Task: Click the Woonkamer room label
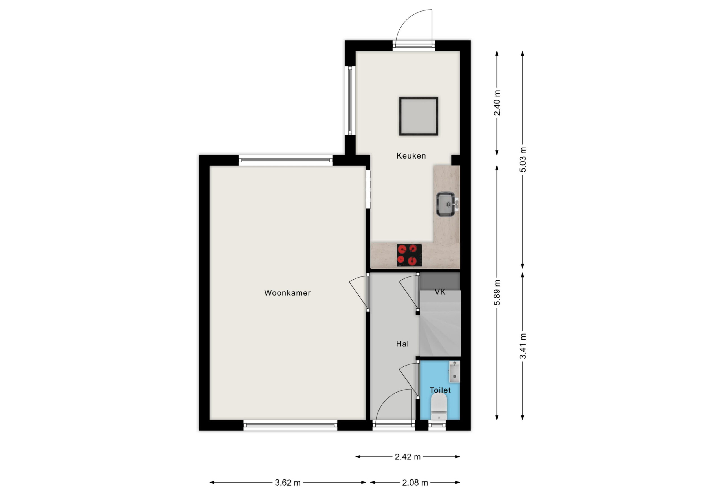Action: pos(287,293)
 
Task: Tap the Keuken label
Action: pos(411,156)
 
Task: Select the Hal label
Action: pos(402,344)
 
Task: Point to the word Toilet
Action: pos(440,390)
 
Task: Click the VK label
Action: pos(440,292)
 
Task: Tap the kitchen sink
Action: pos(447,204)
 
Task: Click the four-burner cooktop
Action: pos(409,255)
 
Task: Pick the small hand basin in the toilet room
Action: pos(455,372)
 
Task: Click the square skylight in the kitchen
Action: pos(419,116)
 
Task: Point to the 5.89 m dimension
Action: pos(497,292)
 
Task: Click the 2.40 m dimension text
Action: pos(497,103)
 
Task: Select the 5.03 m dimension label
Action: pos(523,160)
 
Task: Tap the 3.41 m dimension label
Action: pos(523,346)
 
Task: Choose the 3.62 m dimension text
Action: pos(288,483)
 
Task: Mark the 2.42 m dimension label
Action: pos(408,457)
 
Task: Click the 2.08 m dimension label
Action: pos(415,483)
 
